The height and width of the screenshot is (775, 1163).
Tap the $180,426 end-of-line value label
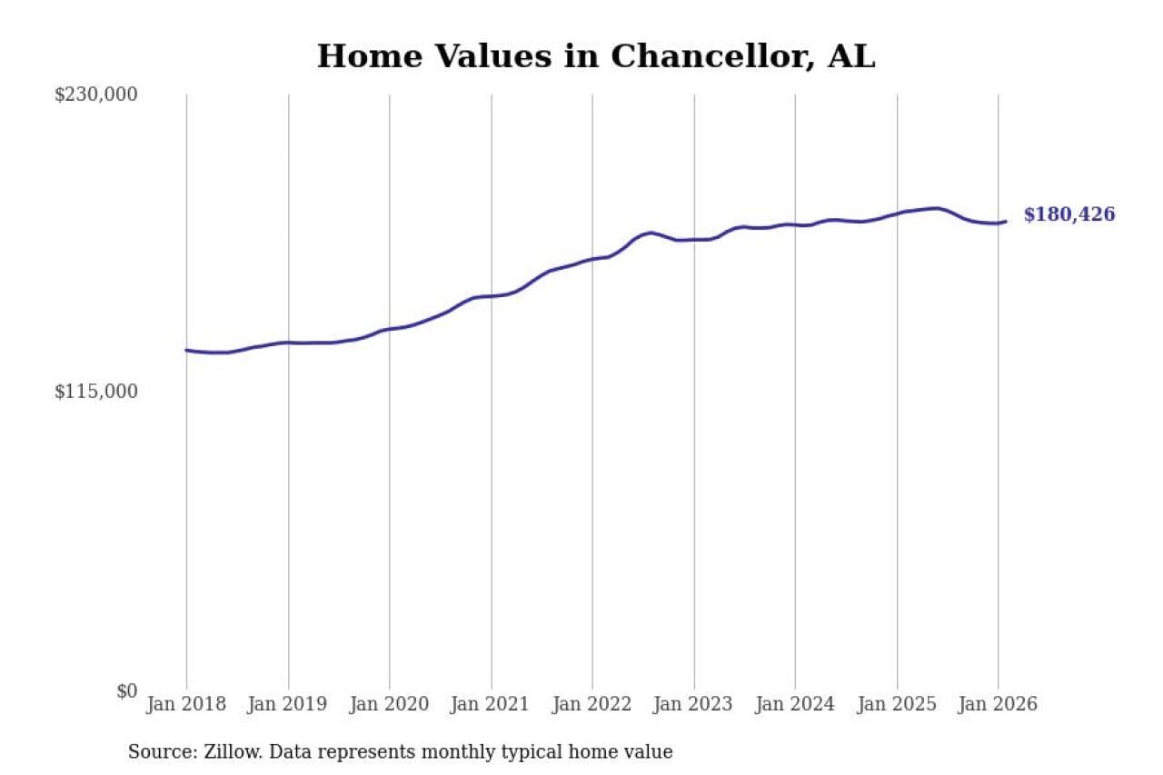click(1069, 215)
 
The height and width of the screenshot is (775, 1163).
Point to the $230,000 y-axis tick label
click(95, 94)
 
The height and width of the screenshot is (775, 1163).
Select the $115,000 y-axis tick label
click(95, 392)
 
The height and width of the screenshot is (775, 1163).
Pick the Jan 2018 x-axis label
click(186, 704)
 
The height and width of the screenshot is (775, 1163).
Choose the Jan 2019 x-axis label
click(288, 704)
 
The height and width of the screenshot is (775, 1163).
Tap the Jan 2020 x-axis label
click(390, 704)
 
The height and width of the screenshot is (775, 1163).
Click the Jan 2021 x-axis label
click(492, 704)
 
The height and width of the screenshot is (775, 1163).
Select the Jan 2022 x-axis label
click(592, 704)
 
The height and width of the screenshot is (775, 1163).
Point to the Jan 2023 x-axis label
click(694, 704)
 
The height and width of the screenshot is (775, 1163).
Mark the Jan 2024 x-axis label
click(795, 704)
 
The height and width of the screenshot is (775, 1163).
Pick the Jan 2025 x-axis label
click(897, 704)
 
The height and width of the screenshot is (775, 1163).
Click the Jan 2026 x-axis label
click(998, 704)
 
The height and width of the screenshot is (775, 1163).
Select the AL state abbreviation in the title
click(851, 56)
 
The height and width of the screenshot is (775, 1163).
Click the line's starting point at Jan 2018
click(186, 350)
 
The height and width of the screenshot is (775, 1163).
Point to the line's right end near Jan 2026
click(1005, 222)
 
